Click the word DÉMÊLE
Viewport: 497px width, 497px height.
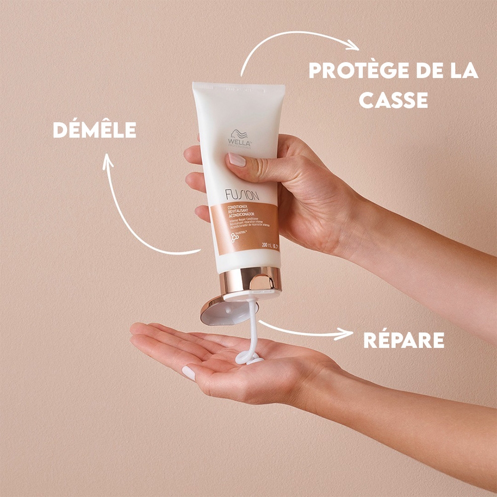pos(94,130)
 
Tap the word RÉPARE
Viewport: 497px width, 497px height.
pos(404,340)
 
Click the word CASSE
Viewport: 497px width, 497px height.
pos(394,100)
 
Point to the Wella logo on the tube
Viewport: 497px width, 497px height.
pos(240,138)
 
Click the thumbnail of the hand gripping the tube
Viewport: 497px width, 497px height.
pos(237,160)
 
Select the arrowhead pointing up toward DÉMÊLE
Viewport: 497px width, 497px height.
pos(108,161)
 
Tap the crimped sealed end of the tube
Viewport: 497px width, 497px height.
pos(239,88)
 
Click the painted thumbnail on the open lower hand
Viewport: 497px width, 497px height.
pos(188,372)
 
